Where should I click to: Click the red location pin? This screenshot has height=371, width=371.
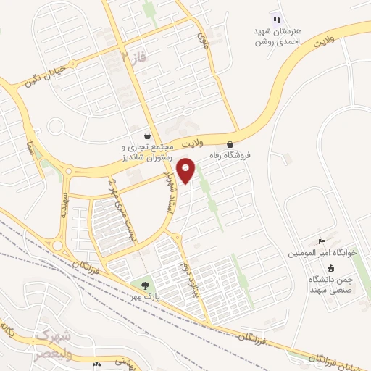187,170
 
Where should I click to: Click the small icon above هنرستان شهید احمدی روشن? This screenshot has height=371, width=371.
275,19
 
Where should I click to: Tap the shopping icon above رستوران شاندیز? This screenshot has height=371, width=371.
148,136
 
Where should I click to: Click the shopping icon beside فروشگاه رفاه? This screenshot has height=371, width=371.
230,143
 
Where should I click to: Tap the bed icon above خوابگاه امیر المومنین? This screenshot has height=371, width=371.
323,241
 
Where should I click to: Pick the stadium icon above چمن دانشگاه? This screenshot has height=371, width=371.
331,268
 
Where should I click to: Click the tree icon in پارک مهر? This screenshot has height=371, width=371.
145,285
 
